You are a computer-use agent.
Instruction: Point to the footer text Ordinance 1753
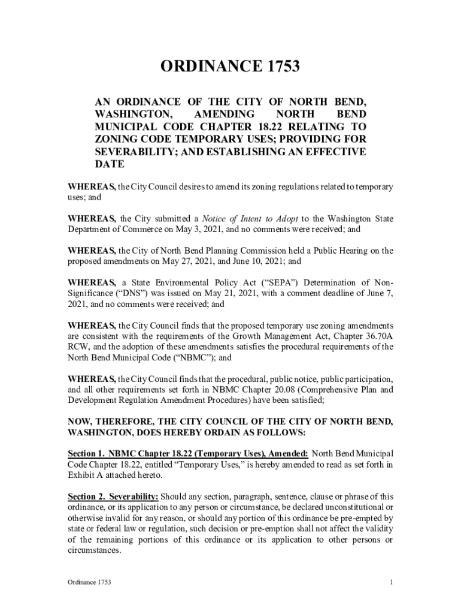(89, 582)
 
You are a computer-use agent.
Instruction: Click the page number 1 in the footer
(391, 582)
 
